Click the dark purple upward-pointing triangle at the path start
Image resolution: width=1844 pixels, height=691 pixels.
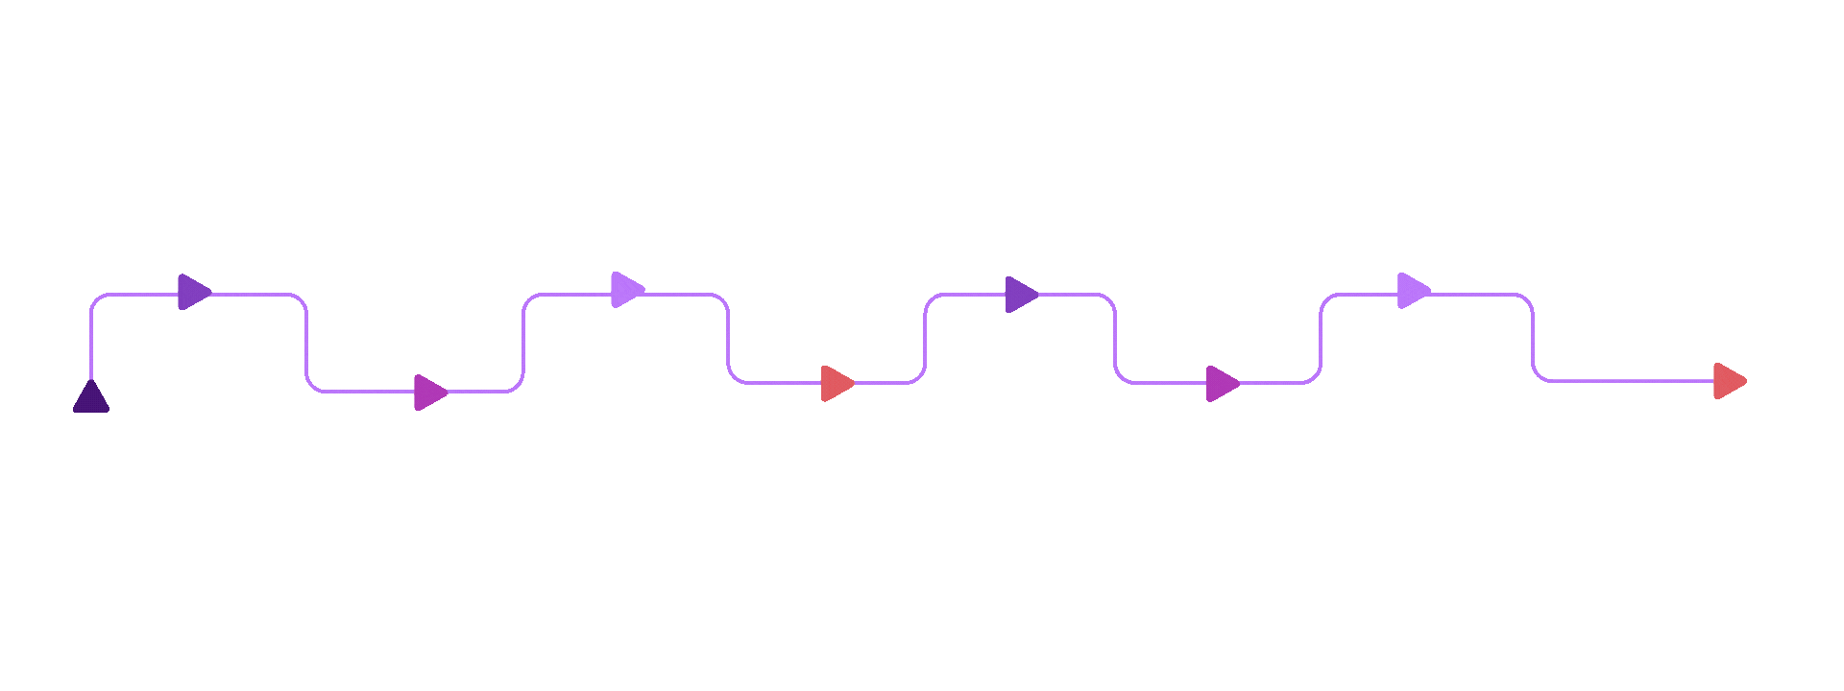click(91, 398)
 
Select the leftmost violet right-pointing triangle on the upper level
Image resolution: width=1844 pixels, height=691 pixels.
click(193, 292)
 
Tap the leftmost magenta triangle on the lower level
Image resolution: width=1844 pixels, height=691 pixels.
click(429, 392)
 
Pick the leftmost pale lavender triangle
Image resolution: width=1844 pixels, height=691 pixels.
click(626, 289)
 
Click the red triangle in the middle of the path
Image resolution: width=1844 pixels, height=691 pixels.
click(837, 383)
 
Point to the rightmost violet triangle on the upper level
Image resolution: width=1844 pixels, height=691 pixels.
click(1020, 294)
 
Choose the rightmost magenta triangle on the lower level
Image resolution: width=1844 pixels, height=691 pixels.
click(1222, 383)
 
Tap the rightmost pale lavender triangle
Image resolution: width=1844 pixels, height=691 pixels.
click(1413, 290)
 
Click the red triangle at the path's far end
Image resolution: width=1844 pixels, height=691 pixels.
click(1729, 381)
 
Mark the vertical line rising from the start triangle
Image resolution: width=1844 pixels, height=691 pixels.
click(91, 341)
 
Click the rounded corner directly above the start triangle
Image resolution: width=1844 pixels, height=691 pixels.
click(96, 299)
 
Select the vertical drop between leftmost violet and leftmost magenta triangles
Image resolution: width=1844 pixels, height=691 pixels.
click(306, 343)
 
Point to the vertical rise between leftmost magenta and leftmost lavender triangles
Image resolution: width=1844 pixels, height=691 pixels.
click(523, 343)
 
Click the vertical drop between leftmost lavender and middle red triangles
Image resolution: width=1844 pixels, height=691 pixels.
click(728, 338)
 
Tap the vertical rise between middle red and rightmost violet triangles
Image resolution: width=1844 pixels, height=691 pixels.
click(925, 338)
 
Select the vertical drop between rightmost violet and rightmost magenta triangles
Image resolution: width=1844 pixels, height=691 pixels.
click(1115, 338)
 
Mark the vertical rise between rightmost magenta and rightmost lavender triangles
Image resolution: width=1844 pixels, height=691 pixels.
click(1321, 338)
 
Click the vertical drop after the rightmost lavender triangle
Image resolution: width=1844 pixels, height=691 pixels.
click(1533, 338)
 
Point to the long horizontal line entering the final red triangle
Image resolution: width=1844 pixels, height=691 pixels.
click(1633, 381)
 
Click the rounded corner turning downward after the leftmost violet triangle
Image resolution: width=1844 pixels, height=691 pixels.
click(302, 299)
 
